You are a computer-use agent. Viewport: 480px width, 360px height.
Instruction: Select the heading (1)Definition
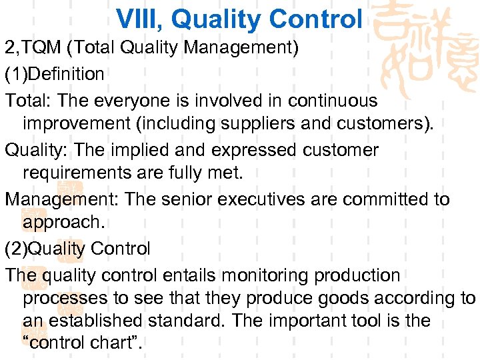click(x=55, y=74)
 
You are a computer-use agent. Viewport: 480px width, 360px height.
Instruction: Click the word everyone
click(x=129, y=101)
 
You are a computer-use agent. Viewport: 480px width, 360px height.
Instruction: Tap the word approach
click(x=59, y=222)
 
